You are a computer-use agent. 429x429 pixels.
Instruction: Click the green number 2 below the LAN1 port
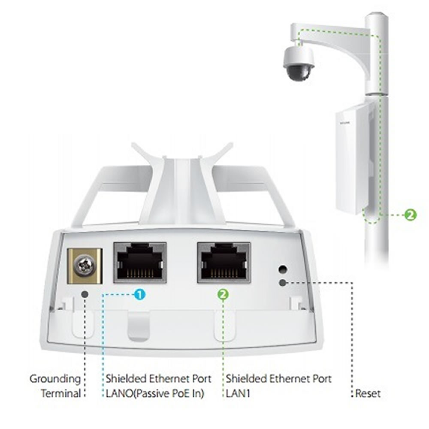pos(224,294)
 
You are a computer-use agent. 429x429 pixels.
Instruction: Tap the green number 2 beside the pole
pos(411,214)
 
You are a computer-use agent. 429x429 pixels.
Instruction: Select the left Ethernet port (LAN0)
pos(139,262)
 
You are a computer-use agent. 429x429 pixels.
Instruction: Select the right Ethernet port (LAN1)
pos(224,262)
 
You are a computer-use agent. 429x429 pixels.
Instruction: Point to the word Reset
pos(368,393)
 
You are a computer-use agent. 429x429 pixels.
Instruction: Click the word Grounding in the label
pos(55,379)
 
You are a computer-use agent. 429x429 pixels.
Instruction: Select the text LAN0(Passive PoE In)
pos(154,393)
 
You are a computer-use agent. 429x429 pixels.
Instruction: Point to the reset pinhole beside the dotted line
pos(282,283)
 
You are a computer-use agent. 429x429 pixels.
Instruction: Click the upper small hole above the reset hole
pos(282,269)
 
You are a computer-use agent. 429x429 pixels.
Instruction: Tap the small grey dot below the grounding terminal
pos(85,294)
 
